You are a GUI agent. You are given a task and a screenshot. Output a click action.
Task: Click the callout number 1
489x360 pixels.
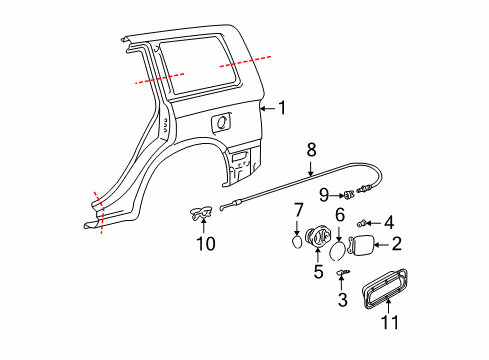click(x=281, y=108)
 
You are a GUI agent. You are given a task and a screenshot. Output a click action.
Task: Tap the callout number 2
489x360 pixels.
click(x=396, y=243)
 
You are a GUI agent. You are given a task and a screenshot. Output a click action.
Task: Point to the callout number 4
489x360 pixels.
click(x=389, y=222)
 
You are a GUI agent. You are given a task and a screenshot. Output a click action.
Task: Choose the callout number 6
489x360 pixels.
click(x=339, y=215)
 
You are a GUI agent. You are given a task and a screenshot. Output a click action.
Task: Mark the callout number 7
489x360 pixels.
click(x=297, y=209)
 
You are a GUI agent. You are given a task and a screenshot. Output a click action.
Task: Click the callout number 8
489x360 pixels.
click(x=311, y=149)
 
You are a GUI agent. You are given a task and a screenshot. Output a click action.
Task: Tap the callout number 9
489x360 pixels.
click(x=324, y=193)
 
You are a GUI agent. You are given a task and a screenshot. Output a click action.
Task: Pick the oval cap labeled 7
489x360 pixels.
click(x=297, y=239)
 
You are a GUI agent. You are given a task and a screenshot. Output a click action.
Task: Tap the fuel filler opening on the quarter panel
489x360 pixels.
click(x=219, y=122)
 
